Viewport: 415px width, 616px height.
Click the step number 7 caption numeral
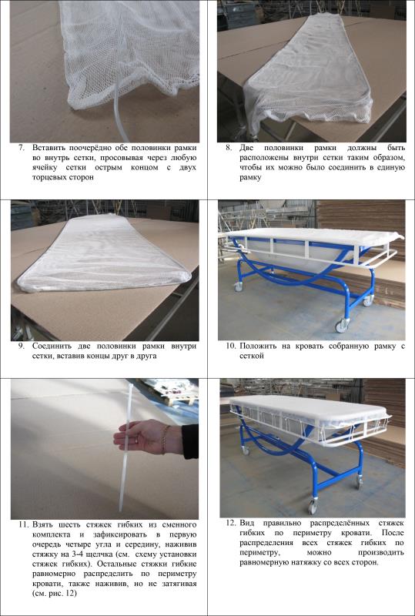[23, 149]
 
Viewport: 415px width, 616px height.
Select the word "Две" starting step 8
[247, 149]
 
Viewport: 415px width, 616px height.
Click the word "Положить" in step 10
[256, 346]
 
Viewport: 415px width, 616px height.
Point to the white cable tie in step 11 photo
[125, 447]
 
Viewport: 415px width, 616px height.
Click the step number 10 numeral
[231, 346]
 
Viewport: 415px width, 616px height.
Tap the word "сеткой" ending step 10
[252, 357]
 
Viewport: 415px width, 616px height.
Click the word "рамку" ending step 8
[251, 178]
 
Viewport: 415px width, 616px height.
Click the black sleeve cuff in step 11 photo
[190, 441]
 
